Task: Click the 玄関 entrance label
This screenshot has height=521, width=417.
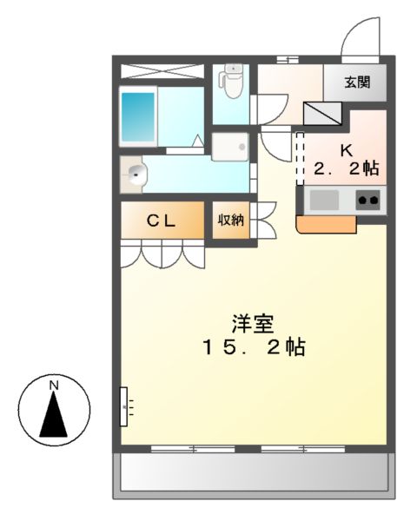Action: click(355, 83)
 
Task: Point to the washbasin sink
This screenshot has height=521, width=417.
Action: click(136, 174)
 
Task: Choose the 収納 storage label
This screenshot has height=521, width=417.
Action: click(231, 221)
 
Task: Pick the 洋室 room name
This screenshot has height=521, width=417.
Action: click(253, 325)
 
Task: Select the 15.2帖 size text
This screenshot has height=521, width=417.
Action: click(253, 348)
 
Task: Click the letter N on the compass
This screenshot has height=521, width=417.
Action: click(53, 384)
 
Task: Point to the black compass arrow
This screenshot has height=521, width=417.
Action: click(53, 414)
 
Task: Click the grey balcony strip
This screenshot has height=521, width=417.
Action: click(253, 474)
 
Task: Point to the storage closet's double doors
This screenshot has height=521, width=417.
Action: click(264, 221)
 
